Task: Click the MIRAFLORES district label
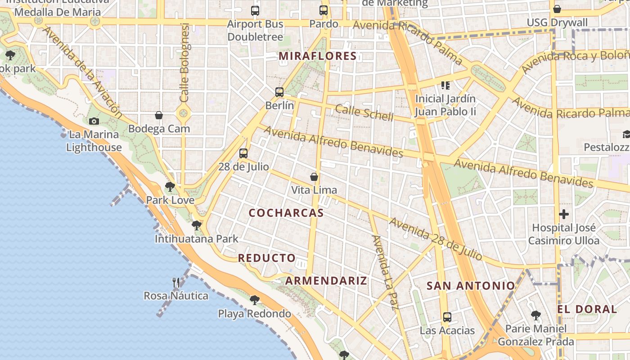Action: pos(318,56)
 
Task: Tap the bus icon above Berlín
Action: pos(279,92)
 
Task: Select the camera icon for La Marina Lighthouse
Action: pos(94,121)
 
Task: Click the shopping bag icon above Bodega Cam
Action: pos(159,115)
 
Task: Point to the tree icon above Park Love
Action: pos(170,186)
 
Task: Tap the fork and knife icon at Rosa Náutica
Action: pos(176,283)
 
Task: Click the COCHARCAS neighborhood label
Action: pos(286,213)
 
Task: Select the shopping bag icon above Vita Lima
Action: pos(314,177)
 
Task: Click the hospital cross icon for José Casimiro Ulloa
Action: pos(564,214)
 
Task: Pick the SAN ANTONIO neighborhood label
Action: pos(471,286)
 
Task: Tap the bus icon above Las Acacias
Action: pos(447,317)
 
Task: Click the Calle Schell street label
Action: pos(364,112)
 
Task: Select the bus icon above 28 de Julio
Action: pos(243,153)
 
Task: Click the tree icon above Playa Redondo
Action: pos(255,300)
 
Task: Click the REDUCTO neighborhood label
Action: pos(267,258)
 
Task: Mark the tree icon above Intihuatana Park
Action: pos(196,225)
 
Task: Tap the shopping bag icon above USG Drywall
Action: pos(557,9)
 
